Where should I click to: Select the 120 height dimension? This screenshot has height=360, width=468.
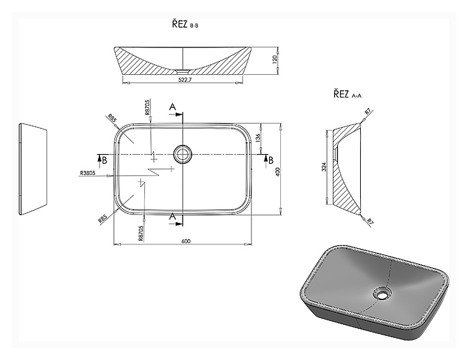[275, 58]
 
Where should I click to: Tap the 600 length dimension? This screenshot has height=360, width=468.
[186, 241]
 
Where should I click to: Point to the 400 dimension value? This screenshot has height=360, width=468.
[278, 172]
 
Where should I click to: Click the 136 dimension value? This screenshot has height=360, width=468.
[258, 137]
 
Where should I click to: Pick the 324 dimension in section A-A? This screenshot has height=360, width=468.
[324, 166]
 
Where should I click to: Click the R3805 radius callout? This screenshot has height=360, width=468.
[88, 173]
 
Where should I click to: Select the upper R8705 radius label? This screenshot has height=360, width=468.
[147, 108]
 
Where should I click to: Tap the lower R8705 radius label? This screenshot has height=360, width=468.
[141, 233]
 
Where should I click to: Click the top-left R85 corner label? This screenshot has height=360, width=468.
[112, 118]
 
